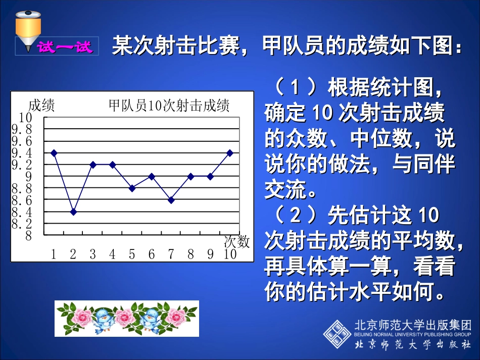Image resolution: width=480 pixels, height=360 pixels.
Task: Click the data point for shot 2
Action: [x=73, y=212]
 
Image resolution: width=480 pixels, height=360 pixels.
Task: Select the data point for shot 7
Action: [x=171, y=200]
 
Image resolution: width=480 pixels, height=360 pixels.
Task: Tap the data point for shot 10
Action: [x=230, y=152]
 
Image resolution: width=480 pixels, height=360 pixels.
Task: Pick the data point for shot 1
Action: [x=54, y=152]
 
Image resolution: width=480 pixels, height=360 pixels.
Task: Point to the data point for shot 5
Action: [x=132, y=188]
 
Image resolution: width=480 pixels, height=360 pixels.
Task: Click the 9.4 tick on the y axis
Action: [x=22, y=152]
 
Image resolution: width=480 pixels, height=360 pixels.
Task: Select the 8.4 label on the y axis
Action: [x=22, y=212]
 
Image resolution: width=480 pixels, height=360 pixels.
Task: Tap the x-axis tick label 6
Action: [x=152, y=254]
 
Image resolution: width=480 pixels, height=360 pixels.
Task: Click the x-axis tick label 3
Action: [x=93, y=254]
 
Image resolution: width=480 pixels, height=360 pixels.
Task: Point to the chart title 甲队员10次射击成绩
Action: [x=169, y=106]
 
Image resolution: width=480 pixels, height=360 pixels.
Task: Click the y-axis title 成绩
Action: [x=41, y=106]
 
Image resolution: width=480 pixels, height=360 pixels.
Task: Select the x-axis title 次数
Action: [x=236, y=242]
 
